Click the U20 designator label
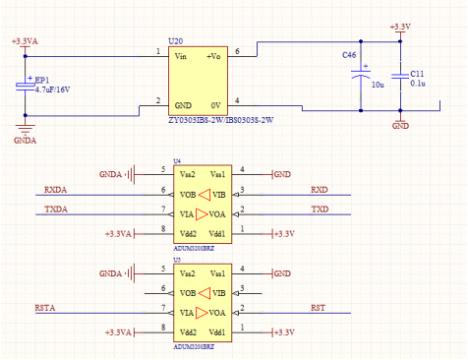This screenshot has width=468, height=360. (x=175, y=41)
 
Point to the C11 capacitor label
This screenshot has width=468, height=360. (x=417, y=74)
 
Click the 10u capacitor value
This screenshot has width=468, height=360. (x=378, y=86)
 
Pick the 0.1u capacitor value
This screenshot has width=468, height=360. (x=417, y=84)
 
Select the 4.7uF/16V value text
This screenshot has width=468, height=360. (x=53, y=90)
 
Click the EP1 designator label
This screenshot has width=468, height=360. (x=42, y=80)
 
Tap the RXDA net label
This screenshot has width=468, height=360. (x=56, y=190)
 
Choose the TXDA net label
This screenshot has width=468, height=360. (x=56, y=210)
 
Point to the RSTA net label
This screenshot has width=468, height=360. (x=45, y=308)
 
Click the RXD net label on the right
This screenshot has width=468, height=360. (x=320, y=190)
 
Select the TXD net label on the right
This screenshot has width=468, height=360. (x=320, y=210)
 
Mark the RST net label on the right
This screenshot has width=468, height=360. (x=319, y=308)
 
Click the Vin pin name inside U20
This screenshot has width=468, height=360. (x=180, y=57)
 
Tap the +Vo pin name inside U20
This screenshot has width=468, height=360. (x=213, y=57)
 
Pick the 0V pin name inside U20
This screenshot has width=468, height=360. (x=215, y=104)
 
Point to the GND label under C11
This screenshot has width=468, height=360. (x=400, y=126)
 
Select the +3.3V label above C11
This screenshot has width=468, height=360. (x=400, y=27)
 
